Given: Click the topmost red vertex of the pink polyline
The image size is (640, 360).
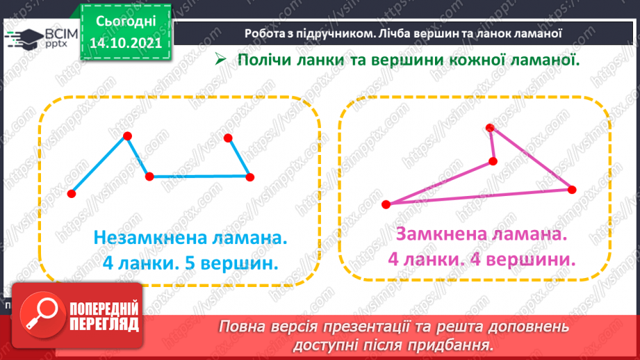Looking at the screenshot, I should [490, 127].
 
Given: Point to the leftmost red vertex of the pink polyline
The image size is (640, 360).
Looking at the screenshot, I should [386, 204].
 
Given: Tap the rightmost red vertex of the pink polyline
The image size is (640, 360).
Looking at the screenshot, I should [572, 189].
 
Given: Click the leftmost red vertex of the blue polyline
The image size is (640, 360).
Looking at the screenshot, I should [72, 194].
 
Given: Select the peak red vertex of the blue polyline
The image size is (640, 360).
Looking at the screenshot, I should [127, 136].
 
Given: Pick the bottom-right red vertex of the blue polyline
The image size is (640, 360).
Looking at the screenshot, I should [249, 177].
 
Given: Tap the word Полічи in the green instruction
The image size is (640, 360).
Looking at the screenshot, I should [265, 60].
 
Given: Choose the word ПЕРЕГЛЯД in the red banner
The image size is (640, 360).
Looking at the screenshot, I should [105, 324].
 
